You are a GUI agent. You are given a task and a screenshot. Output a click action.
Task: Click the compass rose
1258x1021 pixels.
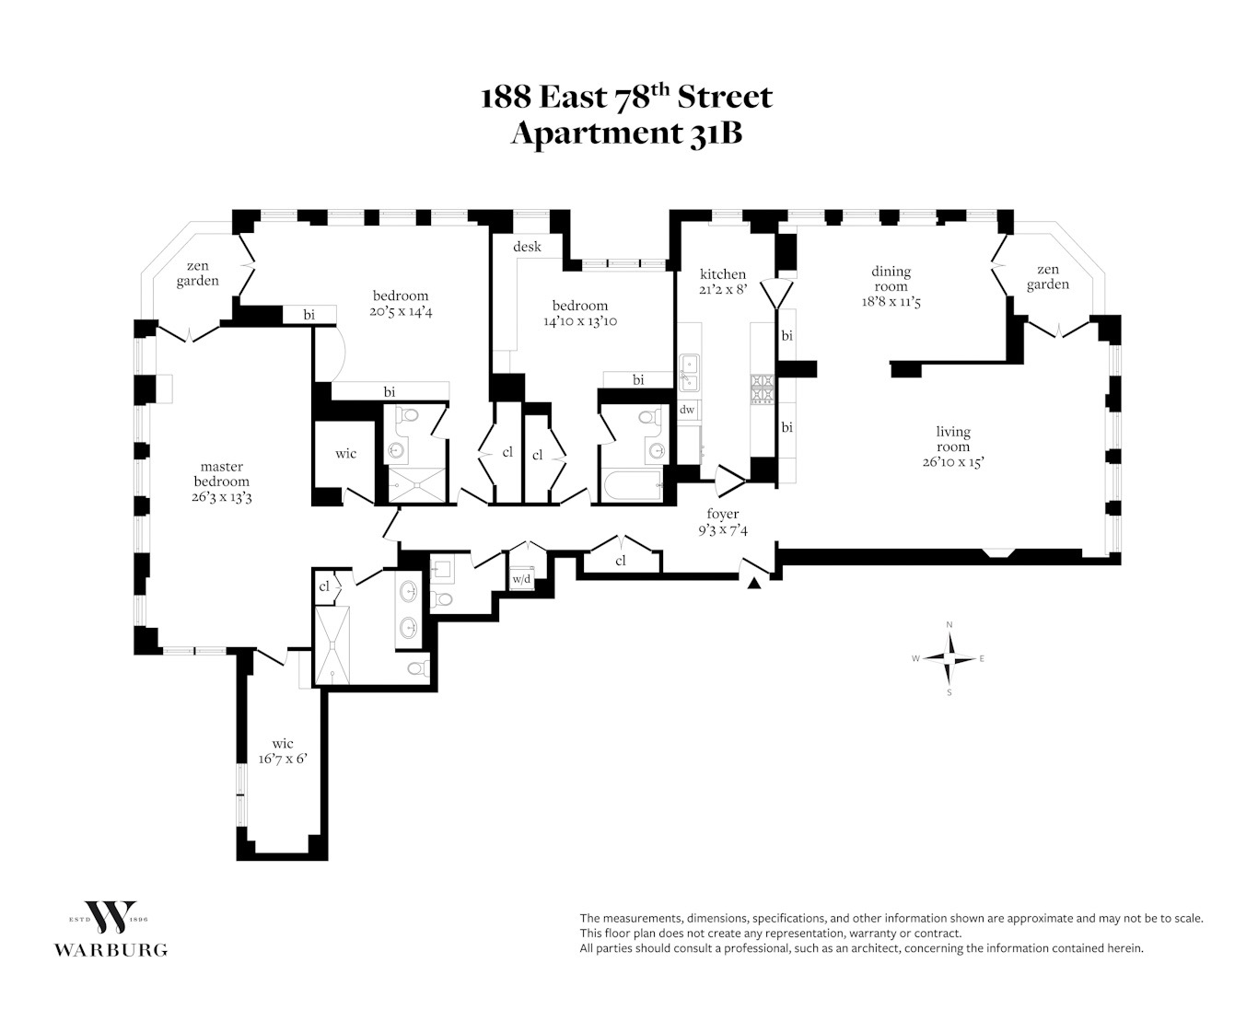coord(949,658)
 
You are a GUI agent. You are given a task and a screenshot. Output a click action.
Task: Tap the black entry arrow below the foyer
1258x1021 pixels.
coord(753,584)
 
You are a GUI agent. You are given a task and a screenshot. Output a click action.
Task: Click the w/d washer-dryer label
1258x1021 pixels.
coord(521,579)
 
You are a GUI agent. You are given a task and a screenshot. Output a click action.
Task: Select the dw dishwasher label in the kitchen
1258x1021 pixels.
coord(687,409)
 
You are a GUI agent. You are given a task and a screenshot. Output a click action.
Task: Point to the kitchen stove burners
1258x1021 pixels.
coord(762,389)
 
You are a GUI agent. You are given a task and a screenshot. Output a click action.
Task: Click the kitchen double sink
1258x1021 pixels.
coord(689,373)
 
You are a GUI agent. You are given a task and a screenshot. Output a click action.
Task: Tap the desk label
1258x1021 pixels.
coord(527,246)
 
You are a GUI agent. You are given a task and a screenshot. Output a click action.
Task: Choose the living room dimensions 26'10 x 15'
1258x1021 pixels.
coord(952,462)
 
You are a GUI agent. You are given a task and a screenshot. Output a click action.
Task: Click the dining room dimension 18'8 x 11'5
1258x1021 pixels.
coord(891,302)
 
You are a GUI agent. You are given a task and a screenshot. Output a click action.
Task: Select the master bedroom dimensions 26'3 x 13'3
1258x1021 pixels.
coord(221,496)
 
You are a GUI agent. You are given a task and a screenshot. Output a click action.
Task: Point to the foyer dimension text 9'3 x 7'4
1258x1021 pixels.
coord(723,530)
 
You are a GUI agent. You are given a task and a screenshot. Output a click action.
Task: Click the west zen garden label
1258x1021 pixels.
coord(197,273)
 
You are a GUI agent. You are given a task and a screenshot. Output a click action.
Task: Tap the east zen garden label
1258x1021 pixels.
coord(1048,277)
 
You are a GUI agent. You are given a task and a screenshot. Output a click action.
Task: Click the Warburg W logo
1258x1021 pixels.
coord(111,917)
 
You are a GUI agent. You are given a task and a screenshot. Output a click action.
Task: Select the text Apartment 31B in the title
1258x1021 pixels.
coord(626,133)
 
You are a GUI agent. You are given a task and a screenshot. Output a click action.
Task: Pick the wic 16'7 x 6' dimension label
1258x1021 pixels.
coord(283,759)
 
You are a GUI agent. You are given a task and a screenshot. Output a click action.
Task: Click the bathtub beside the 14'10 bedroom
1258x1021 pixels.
coord(632,485)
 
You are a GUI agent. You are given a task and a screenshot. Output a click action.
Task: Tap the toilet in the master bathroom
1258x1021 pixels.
coord(419,668)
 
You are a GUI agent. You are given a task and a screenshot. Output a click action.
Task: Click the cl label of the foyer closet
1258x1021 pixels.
coord(620,561)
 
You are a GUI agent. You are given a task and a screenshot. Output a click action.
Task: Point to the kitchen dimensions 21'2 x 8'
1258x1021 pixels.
coord(723,290)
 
